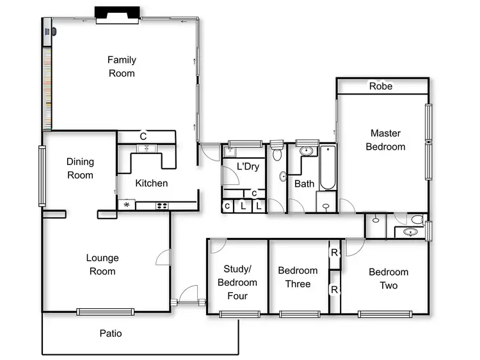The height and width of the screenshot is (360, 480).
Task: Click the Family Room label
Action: (x=122, y=67)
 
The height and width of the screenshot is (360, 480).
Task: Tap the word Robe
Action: (x=381, y=86)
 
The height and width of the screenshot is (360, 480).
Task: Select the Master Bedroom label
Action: (x=385, y=140)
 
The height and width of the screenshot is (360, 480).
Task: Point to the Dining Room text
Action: (x=80, y=169)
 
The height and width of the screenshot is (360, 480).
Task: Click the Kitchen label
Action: (x=152, y=183)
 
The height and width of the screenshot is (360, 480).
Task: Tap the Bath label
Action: (x=304, y=184)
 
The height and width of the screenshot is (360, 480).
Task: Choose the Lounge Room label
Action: (x=102, y=265)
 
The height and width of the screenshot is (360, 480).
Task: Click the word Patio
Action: (x=111, y=333)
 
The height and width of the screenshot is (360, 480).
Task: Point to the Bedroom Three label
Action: (x=298, y=277)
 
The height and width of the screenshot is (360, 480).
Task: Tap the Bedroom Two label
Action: (x=388, y=278)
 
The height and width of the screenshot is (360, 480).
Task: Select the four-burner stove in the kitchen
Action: (x=162, y=205)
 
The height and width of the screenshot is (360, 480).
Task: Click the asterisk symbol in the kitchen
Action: (x=127, y=205)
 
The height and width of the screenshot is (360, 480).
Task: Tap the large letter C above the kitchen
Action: (x=143, y=136)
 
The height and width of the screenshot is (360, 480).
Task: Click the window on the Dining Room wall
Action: (x=42, y=176)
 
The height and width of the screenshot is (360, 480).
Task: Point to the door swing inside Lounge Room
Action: (x=163, y=258)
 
